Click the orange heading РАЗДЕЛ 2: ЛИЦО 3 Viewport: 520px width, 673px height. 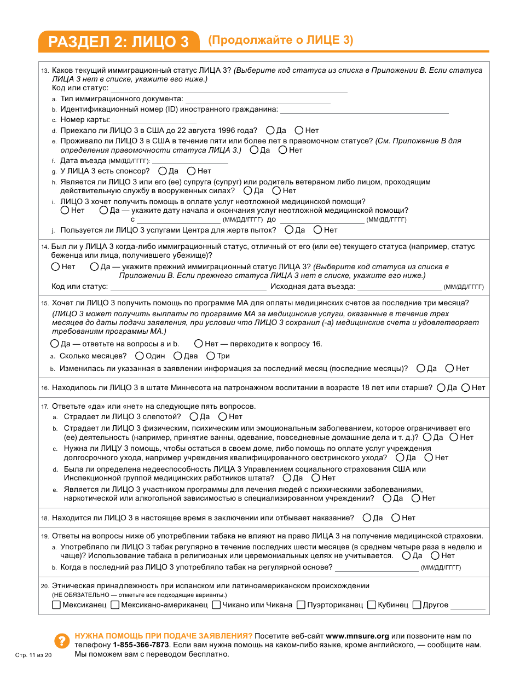click(118, 42)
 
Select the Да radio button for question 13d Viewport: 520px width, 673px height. click(270, 131)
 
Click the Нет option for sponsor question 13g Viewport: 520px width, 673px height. click(192, 171)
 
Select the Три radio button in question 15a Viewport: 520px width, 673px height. click(210, 356)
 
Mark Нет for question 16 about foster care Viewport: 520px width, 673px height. click(465, 388)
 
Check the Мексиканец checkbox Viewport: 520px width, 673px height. click(56, 605)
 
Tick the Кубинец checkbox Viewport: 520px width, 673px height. click(372, 605)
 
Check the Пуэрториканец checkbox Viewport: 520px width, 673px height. click(302, 605)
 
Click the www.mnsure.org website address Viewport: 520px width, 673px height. click(357, 636)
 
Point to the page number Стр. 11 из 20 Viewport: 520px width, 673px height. click(33, 655)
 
